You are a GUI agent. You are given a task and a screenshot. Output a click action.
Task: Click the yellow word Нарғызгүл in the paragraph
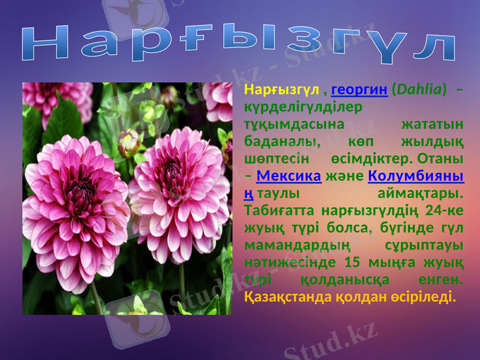[x=281, y=90]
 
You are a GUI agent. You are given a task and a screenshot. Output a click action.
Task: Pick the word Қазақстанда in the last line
[x=289, y=296]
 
